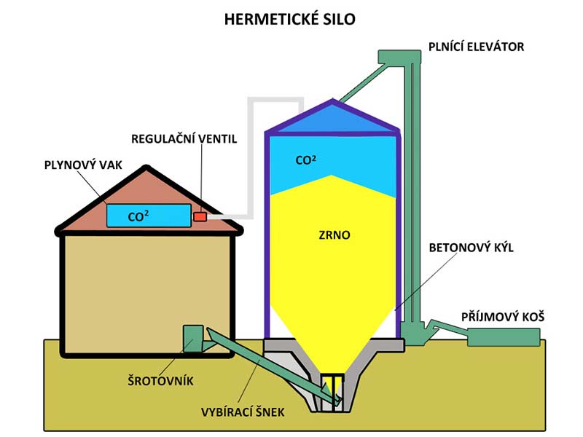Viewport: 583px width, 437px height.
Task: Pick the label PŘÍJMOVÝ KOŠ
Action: click(503, 318)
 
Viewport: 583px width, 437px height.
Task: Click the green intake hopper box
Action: click(504, 336)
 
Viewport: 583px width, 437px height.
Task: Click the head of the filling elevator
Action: click(397, 56)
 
